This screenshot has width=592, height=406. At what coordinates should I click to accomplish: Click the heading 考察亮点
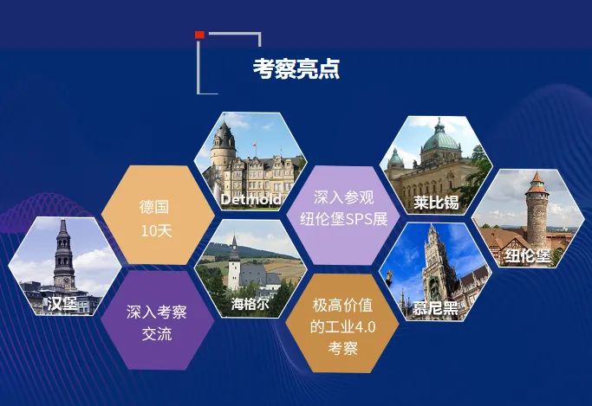pyautogui.click(x=296, y=68)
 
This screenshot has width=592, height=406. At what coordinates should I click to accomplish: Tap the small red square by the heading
pyautogui.click(x=200, y=35)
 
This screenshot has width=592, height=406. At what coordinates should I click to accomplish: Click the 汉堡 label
pyautogui.click(x=63, y=303)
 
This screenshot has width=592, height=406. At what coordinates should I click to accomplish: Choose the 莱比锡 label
pyautogui.click(x=435, y=203)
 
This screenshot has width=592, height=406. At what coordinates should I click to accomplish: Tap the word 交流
pyautogui.click(x=157, y=334)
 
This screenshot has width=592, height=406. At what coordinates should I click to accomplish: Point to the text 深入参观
pyautogui.click(x=344, y=198)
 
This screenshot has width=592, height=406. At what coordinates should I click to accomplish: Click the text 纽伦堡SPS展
pyautogui.click(x=344, y=220)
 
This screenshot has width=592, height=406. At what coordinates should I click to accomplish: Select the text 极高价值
pyautogui.click(x=342, y=306)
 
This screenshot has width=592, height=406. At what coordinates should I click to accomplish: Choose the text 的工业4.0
pyautogui.click(x=342, y=327)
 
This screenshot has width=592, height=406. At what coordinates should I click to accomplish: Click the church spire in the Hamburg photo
pyautogui.click(x=63, y=247)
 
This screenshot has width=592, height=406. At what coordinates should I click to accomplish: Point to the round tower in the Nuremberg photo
pyautogui.click(x=537, y=208)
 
